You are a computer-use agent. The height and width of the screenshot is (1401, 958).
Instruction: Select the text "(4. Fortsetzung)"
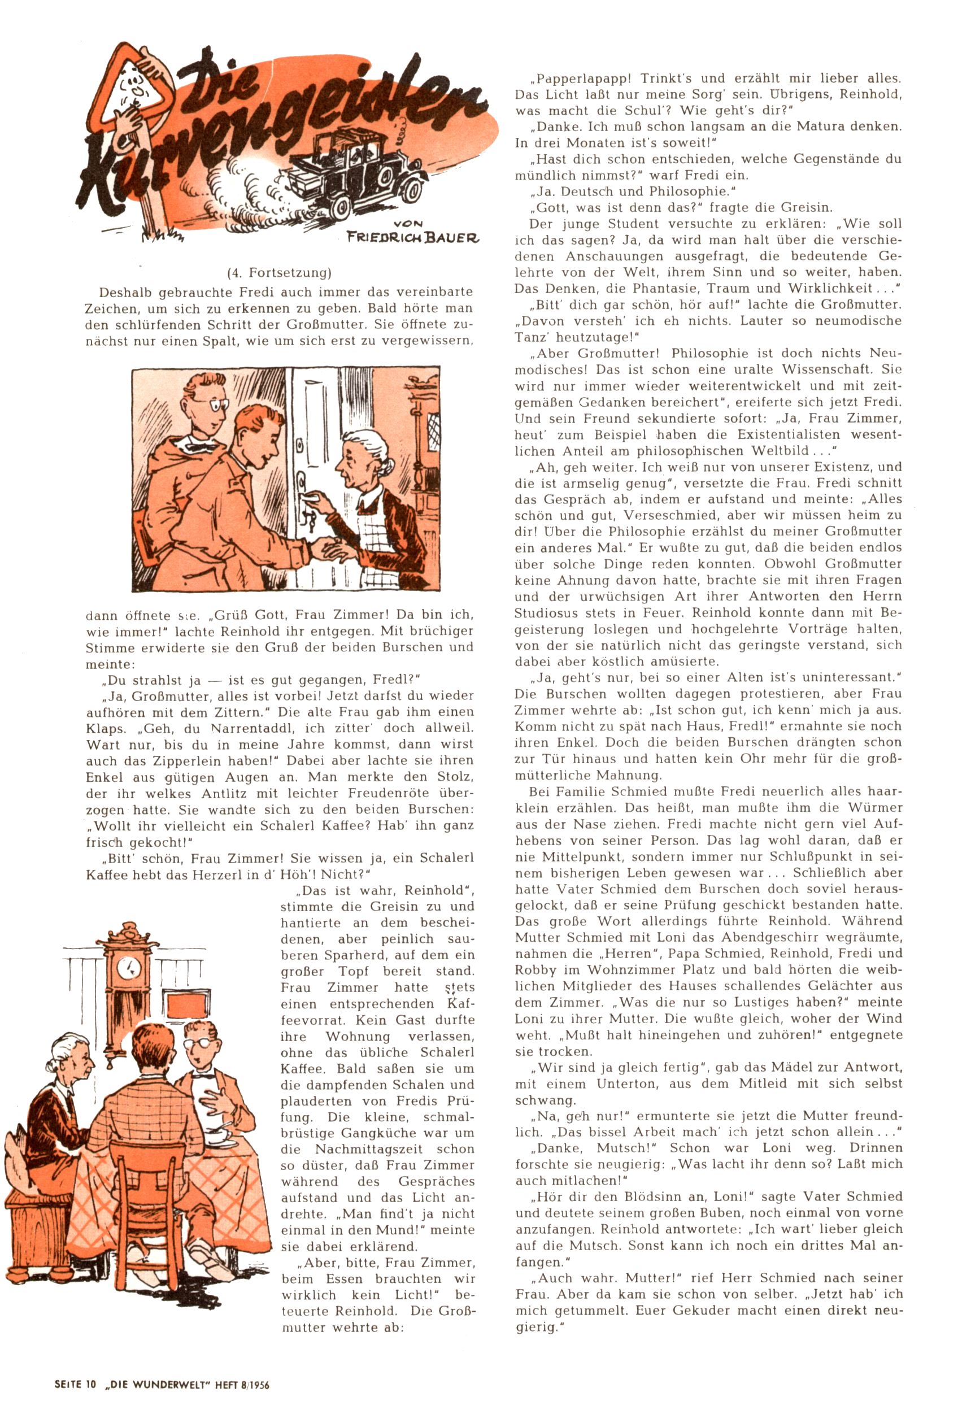[x=279, y=272]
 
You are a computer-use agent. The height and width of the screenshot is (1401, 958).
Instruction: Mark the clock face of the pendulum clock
[x=128, y=968]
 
